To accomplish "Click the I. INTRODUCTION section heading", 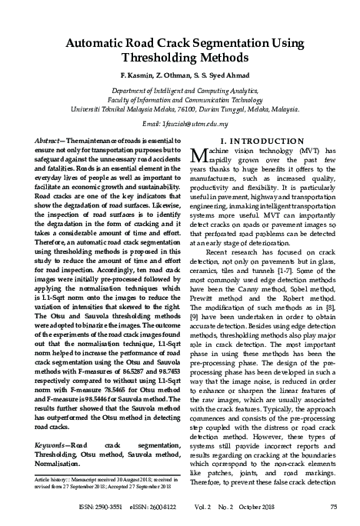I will [265, 141].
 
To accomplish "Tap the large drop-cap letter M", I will [195, 158].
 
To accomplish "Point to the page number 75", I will [333, 507].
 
